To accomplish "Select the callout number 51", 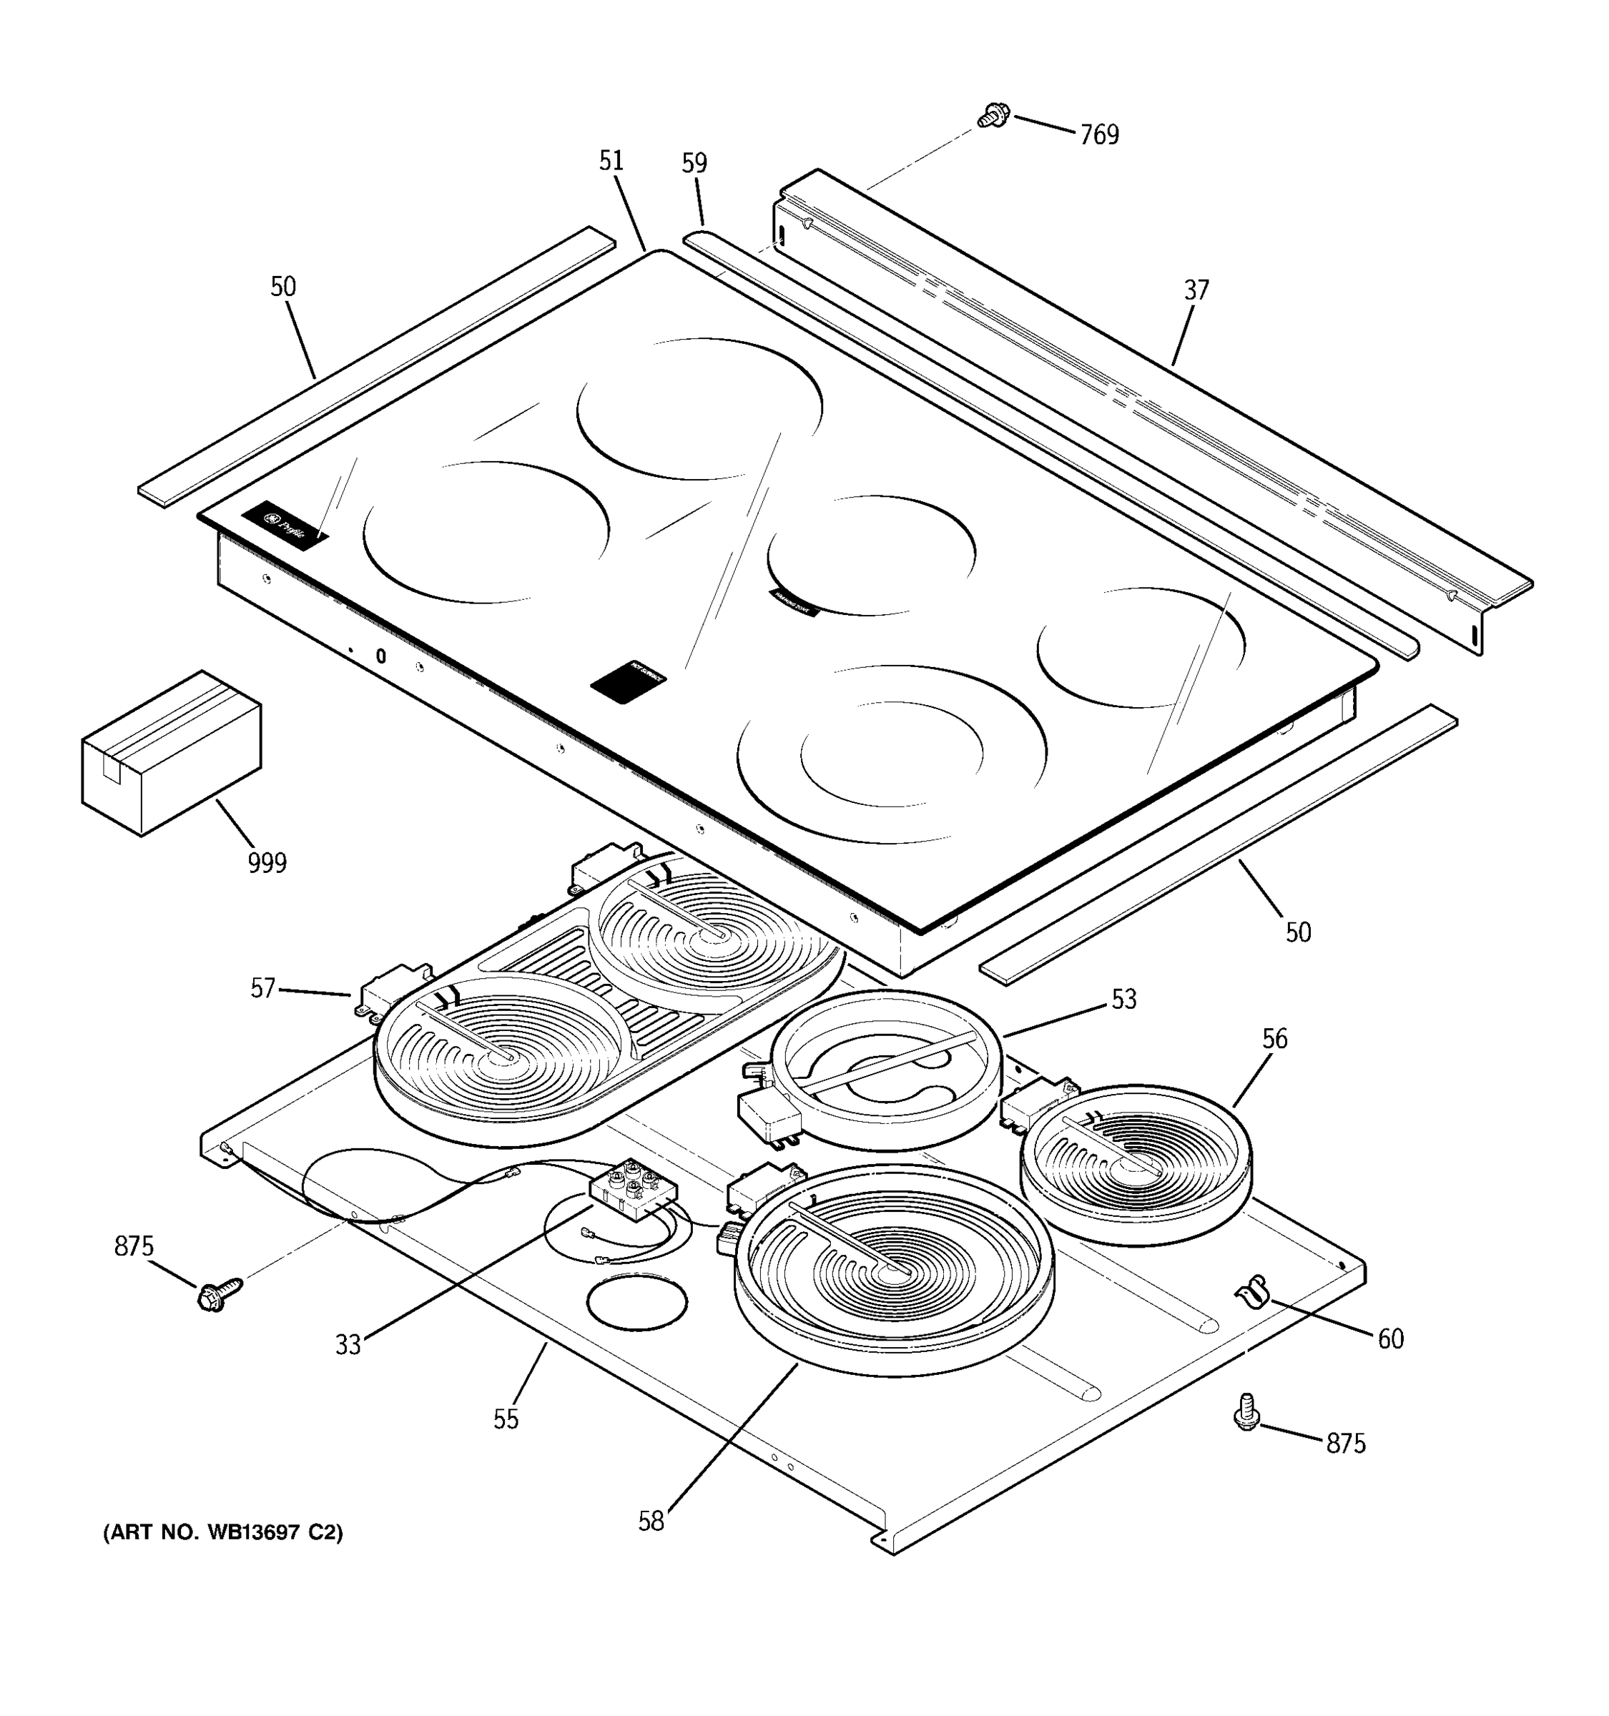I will [x=611, y=161].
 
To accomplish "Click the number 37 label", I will [x=1196, y=290].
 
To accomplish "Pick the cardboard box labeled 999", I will [x=172, y=754].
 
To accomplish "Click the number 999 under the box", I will [x=267, y=862].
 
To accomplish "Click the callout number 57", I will [x=262, y=988].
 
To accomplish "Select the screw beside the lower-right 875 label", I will [x=1246, y=1412].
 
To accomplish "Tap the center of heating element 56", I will [x=1134, y=1167].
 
